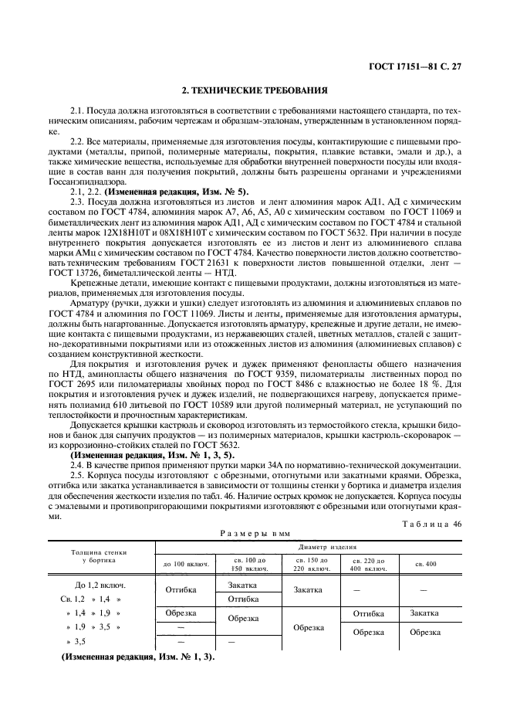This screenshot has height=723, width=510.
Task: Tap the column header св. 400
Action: tap(426, 564)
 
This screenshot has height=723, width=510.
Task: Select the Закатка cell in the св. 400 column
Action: tap(424, 613)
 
